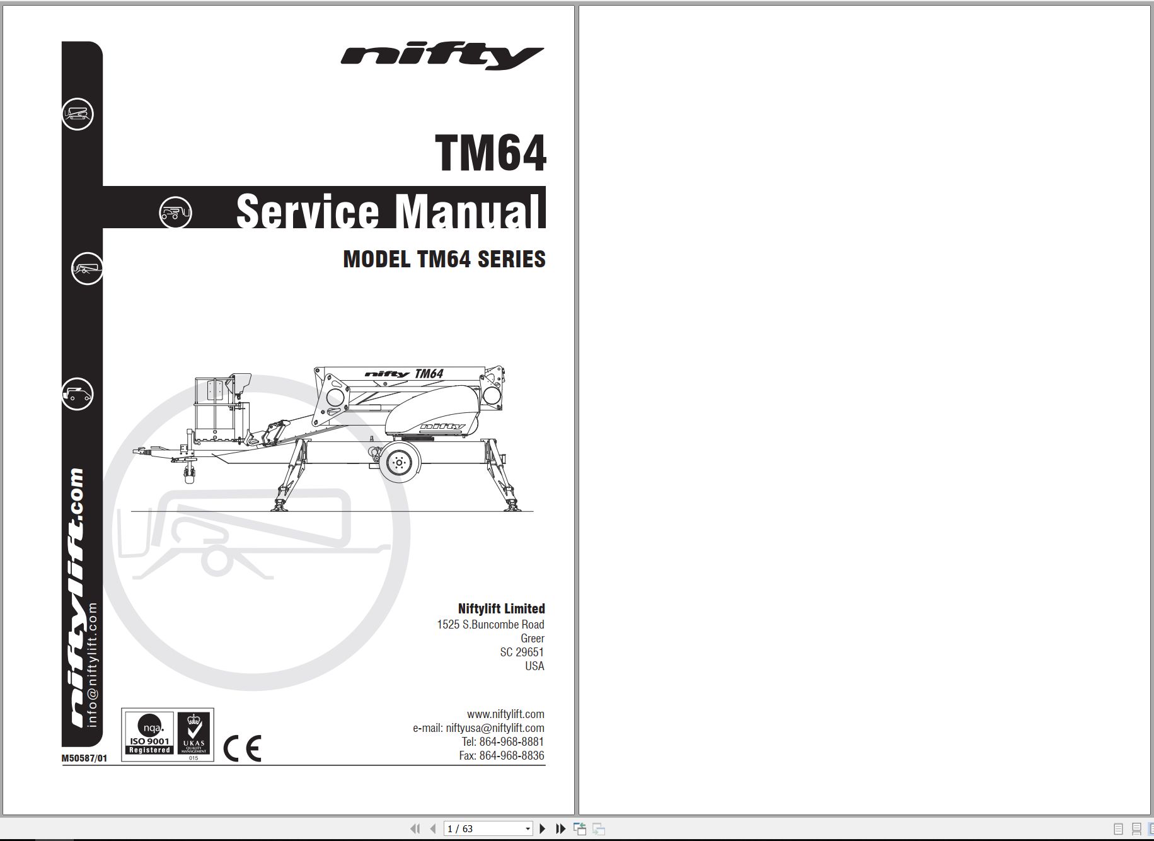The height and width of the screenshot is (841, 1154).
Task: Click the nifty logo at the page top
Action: coord(442,57)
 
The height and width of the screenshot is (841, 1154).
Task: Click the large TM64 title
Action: coord(490,153)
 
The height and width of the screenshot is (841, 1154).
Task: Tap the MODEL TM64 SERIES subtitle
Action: coord(444,259)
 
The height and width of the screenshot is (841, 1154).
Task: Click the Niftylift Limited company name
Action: coord(501,608)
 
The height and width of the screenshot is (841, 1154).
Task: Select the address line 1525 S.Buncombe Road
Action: coord(490,624)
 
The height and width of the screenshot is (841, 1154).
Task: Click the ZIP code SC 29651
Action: coord(522,652)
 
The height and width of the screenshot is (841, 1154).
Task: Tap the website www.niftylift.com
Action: coord(505,714)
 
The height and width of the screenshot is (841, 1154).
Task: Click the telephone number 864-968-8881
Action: coord(511,741)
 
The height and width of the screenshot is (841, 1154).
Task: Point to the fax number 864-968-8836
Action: coord(511,755)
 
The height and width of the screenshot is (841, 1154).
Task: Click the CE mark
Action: coord(243,748)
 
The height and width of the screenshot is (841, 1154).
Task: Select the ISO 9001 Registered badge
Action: coord(149,734)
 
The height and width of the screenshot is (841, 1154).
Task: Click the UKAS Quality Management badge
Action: coord(193,734)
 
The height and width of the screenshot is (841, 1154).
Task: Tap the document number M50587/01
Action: coord(84,758)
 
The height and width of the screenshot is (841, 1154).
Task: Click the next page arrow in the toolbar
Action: coord(542,828)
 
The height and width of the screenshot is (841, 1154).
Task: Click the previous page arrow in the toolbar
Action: coord(433,828)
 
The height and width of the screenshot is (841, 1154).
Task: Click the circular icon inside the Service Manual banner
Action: coord(175,212)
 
